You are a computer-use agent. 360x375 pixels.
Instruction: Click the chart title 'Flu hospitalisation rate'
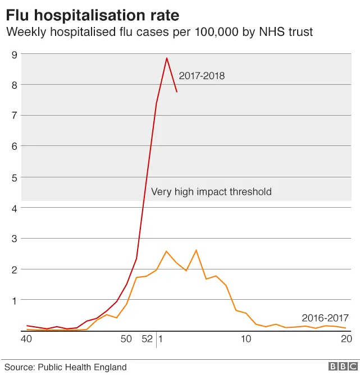[x=93, y=13]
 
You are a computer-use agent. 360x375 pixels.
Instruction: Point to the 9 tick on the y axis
[x=15, y=54]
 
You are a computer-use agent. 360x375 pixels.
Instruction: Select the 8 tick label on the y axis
[x=15, y=85]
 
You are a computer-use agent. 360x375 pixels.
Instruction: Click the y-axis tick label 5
[x=15, y=177]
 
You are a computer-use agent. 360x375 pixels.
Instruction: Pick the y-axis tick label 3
[x=15, y=239]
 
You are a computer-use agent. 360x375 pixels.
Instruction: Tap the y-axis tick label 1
[x=15, y=300]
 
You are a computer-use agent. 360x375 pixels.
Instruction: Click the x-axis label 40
[x=25, y=339]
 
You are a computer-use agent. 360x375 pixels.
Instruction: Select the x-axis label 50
[x=126, y=339]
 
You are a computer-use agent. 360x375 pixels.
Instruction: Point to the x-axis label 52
[x=146, y=339]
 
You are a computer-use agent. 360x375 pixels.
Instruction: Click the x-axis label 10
[x=245, y=339]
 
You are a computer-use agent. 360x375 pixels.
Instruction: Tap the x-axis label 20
[x=346, y=339]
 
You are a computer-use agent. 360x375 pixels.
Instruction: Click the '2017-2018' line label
[x=202, y=76]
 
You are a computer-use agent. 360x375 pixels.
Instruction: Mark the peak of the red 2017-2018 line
[x=167, y=58]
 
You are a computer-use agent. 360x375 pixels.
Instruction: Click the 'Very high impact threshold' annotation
[x=211, y=192]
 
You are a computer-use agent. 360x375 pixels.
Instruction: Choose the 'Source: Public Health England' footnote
[x=66, y=367]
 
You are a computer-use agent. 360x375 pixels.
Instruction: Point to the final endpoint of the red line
[x=176, y=92]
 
